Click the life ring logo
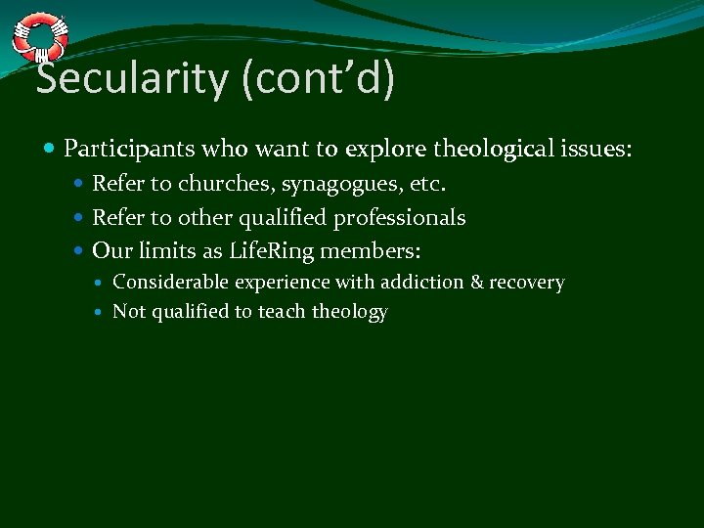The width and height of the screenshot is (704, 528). click(x=40, y=38)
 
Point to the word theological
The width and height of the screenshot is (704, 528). click(x=495, y=150)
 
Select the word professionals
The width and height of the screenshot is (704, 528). click(x=400, y=217)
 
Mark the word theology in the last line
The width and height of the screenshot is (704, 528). click(x=350, y=312)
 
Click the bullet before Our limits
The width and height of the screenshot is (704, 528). click(x=80, y=251)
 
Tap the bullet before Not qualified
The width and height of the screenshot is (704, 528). click(x=102, y=313)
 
